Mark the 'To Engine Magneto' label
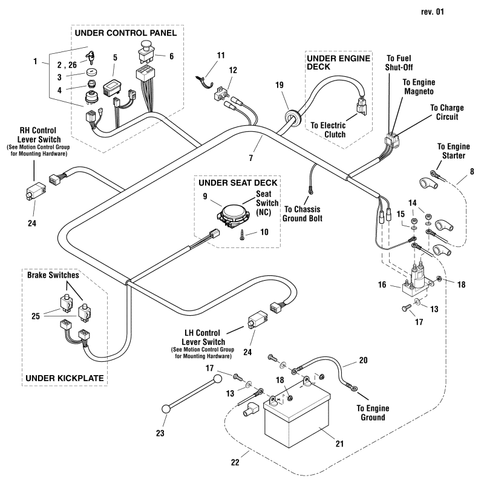pos(419,86)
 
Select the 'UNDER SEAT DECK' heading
pos(236,182)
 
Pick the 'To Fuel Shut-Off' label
pos(398,62)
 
